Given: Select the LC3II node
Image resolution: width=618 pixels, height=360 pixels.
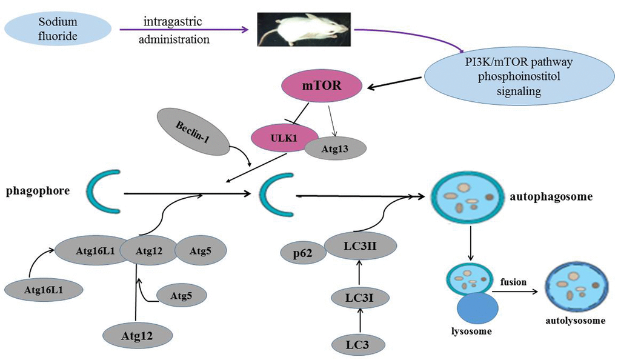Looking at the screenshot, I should [x=360, y=245].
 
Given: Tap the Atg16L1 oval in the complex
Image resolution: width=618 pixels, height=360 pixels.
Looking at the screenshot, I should [x=88, y=249].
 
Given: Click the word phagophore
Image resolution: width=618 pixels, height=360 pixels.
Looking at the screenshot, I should [x=38, y=192].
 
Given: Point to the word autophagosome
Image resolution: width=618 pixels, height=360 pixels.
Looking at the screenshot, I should [x=560, y=197].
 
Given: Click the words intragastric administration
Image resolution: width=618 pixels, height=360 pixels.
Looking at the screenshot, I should [x=176, y=31].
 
